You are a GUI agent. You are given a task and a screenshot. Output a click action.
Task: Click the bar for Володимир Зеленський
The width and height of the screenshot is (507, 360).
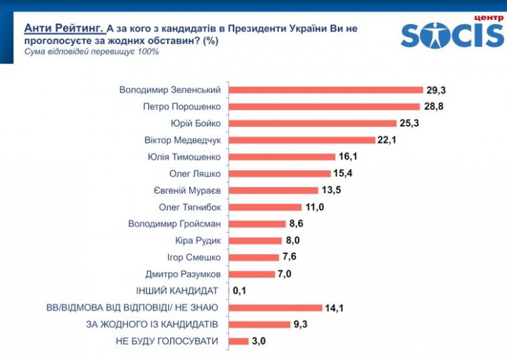tap(327, 90)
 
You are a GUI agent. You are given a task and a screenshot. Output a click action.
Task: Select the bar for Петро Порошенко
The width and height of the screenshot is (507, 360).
tap(325, 107)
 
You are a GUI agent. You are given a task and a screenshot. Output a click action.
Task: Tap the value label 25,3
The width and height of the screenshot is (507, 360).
tap(410, 123)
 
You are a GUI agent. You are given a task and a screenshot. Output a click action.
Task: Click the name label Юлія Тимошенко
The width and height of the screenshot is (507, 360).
tap(184, 157)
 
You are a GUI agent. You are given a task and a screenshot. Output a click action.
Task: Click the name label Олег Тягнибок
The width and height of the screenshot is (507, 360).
tap(189, 207)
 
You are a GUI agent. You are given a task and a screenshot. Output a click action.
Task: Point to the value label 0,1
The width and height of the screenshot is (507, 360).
tap(241, 291)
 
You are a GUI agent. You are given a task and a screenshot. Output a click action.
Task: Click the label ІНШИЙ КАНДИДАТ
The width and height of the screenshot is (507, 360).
tap(177, 291)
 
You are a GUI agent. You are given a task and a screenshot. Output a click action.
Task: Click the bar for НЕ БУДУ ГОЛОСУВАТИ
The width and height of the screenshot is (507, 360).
tap(239, 341)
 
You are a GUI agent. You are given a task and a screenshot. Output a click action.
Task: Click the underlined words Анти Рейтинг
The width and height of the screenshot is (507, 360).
tap(64, 28)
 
